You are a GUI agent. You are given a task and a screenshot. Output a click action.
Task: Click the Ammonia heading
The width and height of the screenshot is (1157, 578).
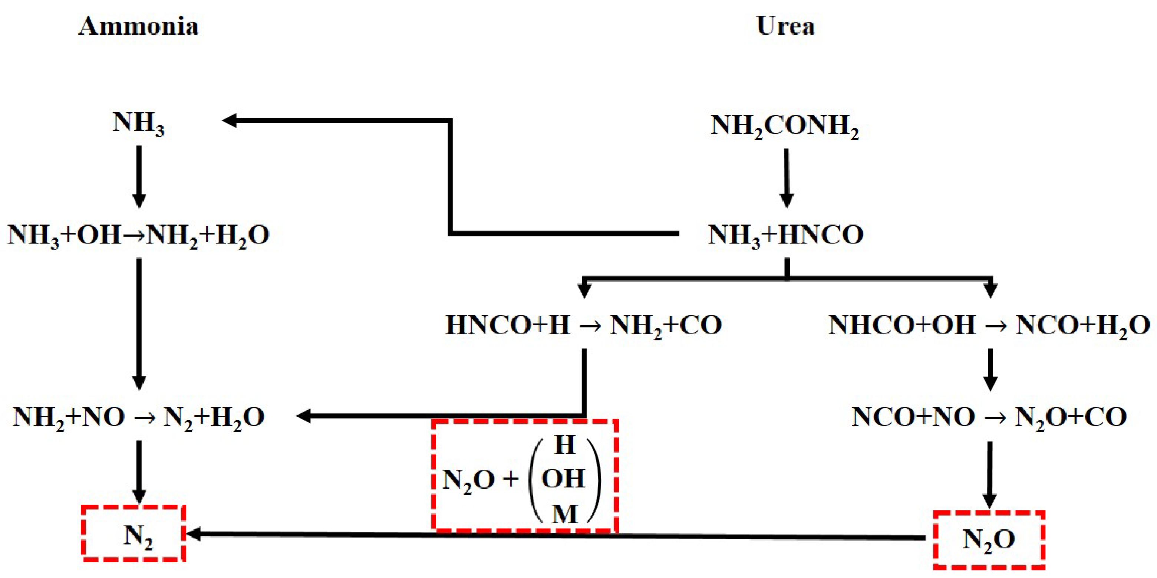coord(138,26)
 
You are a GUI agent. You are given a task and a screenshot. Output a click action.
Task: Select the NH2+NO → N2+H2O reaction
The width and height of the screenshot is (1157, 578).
coord(138,417)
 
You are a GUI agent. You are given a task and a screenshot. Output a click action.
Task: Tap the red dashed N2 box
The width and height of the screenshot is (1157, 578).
coord(134,533)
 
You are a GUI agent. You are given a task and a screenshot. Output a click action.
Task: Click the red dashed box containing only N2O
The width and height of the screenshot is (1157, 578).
coord(989,539)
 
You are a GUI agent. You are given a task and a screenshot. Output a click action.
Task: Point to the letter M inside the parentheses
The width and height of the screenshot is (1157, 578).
coord(564,514)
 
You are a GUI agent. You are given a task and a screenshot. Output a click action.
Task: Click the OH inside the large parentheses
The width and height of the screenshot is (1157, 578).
coord(563,478)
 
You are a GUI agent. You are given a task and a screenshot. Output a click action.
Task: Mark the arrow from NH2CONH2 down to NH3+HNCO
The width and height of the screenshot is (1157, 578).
coord(786,178)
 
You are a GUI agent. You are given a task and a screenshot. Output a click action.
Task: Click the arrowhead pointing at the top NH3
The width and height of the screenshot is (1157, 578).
coord(230,121)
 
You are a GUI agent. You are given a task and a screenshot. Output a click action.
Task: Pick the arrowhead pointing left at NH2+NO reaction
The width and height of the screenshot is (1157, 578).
coord(304,416)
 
